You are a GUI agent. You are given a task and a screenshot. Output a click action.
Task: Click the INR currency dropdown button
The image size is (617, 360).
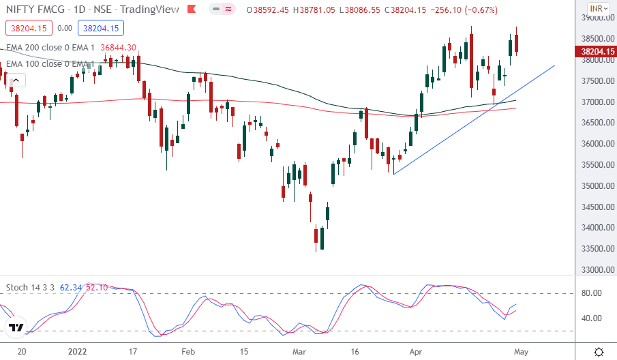pyautogui.click(x=598, y=9)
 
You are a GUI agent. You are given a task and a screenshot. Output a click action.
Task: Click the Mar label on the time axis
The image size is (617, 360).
pyautogui.click(x=299, y=351)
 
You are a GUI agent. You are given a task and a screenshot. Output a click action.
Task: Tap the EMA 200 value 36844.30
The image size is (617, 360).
pyautogui.click(x=118, y=47)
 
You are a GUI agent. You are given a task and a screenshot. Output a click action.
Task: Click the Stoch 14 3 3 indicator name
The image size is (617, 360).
pyautogui.click(x=31, y=288)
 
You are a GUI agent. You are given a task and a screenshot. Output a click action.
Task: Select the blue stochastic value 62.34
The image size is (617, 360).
pyautogui.click(x=71, y=288)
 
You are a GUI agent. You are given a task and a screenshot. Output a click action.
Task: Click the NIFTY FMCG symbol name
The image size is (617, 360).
pyautogui.click(x=34, y=10)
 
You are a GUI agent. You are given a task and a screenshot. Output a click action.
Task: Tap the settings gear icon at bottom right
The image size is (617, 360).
pyautogui.click(x=598, y=351)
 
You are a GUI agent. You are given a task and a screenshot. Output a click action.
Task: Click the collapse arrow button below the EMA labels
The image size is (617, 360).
pyautogui.click(x=15, y=80)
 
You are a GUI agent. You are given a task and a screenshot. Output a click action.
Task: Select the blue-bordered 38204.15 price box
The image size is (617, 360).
pyautogui.click(x=99, y=28)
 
